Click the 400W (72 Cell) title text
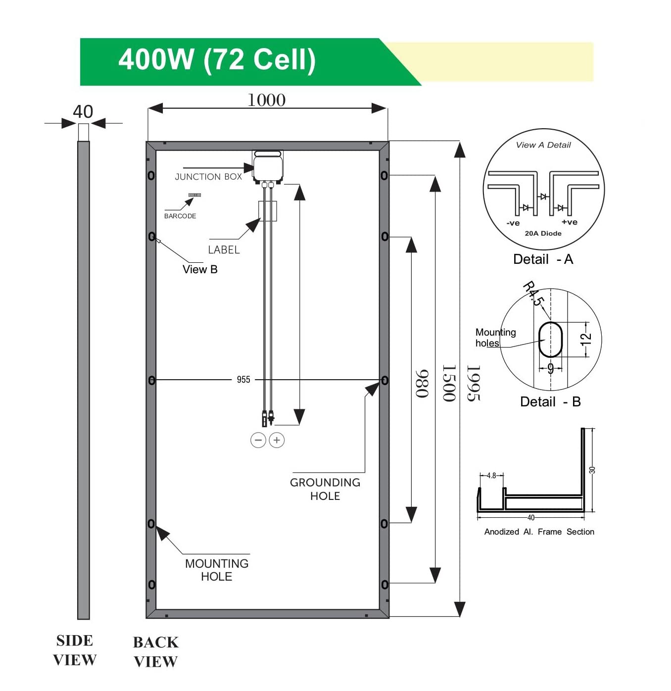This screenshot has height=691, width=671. coord(217,60)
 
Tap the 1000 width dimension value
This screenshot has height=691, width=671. coord(266,100)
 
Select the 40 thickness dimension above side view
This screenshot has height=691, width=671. coord(83,112)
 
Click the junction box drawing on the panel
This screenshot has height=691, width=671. coord(268,167)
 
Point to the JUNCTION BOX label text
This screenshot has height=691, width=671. coord(208,177)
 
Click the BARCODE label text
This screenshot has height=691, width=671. coord(180,216)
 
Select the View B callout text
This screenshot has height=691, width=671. coord(200,270)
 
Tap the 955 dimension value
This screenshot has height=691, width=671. coord(243,380)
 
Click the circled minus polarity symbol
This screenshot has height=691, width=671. coord(258,440)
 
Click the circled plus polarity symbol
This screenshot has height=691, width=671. coord(277,440)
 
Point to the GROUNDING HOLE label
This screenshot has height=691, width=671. coord(325,489)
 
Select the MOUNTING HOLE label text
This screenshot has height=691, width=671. coord(217,570)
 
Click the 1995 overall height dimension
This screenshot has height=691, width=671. coord(474,383)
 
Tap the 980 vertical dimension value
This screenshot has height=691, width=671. coord(422,384)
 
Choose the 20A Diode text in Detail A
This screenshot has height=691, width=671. coord(543,234)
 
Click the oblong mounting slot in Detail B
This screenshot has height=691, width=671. coord(550,340)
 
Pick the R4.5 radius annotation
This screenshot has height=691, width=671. coord(533,294)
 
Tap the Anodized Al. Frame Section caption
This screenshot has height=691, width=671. coord(539,532)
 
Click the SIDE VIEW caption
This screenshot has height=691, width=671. coord(75,650)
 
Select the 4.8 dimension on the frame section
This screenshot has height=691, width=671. coord(491,476)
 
